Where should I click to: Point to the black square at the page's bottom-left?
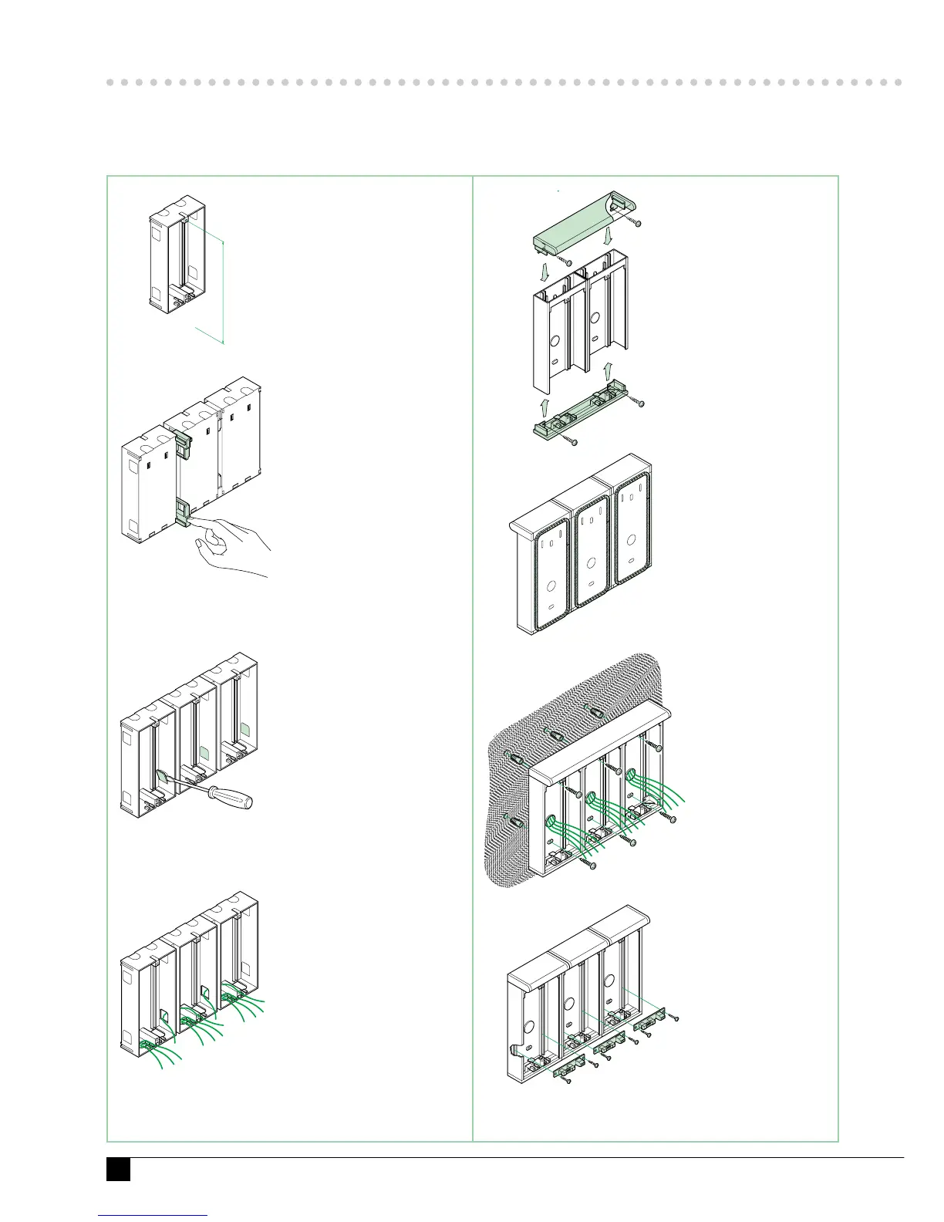tap(118, 1169)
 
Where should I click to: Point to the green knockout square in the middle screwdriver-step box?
tap(204, 752)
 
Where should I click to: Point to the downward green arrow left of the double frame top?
tap(546, 271)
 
